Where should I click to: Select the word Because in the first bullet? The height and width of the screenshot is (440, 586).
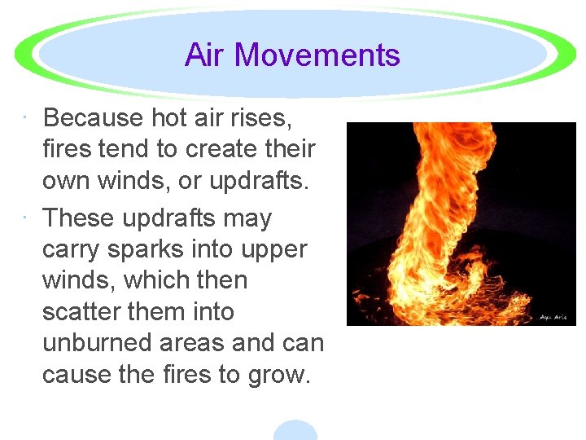pos(93,118)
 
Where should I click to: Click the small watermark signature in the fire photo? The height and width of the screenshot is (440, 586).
pos(555,316)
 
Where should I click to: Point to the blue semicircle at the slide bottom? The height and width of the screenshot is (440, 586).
pos(295,431)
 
